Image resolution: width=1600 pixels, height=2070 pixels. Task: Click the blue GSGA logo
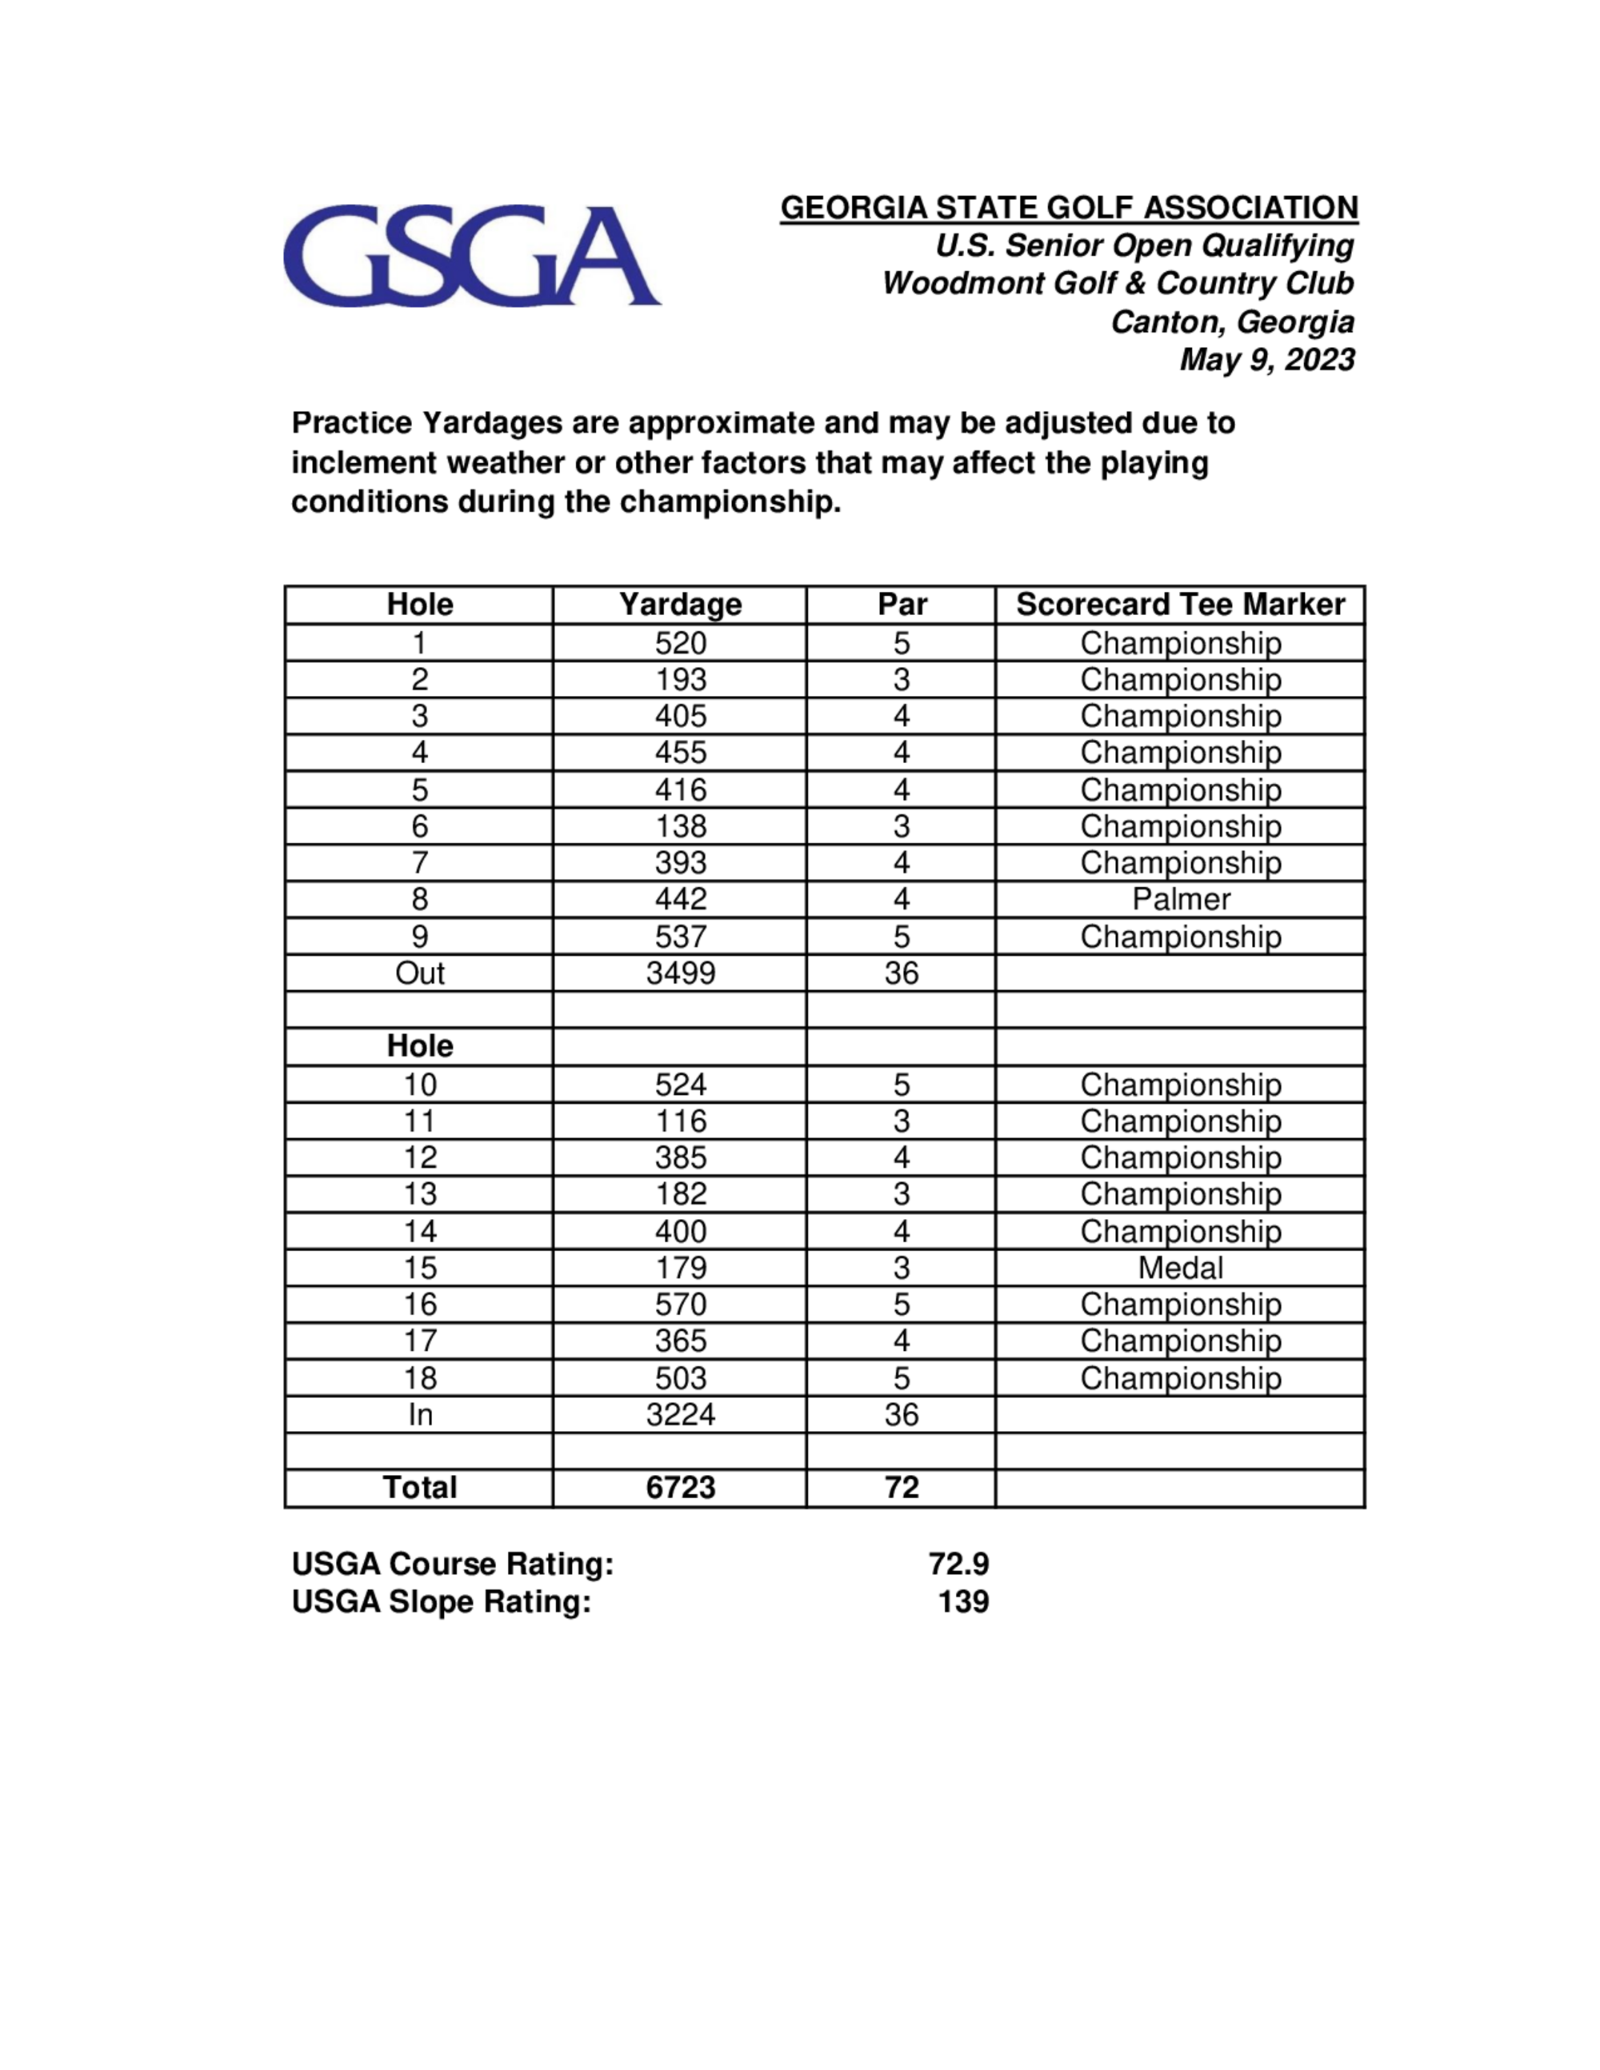[x=471, y=256]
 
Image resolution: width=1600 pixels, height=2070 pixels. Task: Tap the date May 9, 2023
[x=1266, y=360]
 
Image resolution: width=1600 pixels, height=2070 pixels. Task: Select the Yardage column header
[x=680, y=605]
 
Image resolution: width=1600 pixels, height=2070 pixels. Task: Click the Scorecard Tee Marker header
[x=1180, y=605]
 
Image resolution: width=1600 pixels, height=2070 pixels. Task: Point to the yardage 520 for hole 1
[x=680, y=644]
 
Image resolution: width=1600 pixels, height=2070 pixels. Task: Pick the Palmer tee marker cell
[x=1180, y=900]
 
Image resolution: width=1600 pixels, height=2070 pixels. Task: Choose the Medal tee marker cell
[x=1180, y=1269]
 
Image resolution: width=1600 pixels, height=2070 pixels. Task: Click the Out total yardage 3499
[x=680, y=973]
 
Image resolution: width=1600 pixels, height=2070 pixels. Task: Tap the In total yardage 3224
[x=680, y=1415]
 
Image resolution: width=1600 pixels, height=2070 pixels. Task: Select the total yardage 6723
[x=680, y=1488]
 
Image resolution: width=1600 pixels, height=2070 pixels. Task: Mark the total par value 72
[x=902, y=1488]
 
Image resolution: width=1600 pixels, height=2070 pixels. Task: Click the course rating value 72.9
[x=958, y=1564]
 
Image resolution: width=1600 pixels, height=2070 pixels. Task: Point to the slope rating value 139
[x=963, y=1602]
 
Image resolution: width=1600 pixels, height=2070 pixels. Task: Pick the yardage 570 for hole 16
[x=680, y=1305]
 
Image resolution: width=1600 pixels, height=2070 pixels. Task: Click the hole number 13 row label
[x=420, y=1194]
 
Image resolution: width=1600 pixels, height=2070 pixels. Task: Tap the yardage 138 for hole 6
[x=680, y=826]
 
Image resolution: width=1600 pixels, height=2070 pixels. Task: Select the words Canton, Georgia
[x=1232, y=322]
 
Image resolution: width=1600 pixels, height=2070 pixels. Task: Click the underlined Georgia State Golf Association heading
[x=1068, y=208]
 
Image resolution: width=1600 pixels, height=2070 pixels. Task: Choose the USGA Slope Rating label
[x=441, y=1602]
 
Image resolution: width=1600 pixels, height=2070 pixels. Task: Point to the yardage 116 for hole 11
[x=680, y=1121]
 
